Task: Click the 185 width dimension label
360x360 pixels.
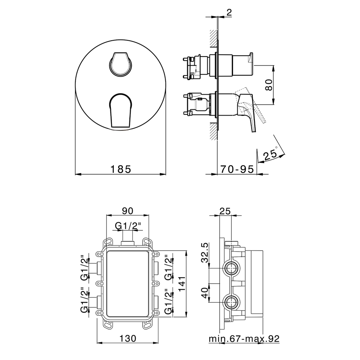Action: click(x=121, y=170)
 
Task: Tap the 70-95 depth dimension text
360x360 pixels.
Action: click(x=237, y=170)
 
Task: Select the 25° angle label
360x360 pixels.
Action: click(x=271, y=154)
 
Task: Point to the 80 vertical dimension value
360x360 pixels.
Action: click(x=269, y=85)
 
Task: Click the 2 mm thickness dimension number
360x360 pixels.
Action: click(x=229, y=13)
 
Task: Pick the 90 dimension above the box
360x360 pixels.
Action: click(x=128, y=211)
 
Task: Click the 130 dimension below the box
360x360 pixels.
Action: click(x=128, y=338)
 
